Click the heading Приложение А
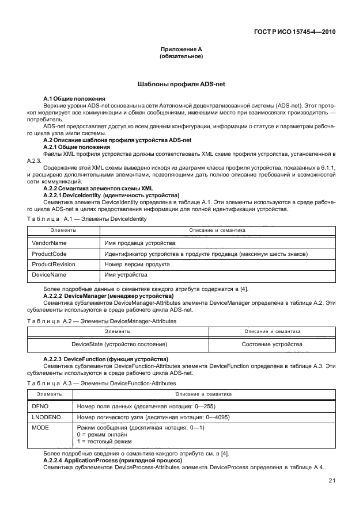(181, 50)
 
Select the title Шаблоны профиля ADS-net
(181, 84)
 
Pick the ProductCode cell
(50, 254)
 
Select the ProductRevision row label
(54, 265)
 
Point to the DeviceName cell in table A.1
(49, 275)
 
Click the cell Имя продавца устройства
(136, 244)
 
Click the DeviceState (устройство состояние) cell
(119, 344)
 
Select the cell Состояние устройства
(273, 344)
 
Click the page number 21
(332, 481)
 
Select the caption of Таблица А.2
(101, 321)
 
